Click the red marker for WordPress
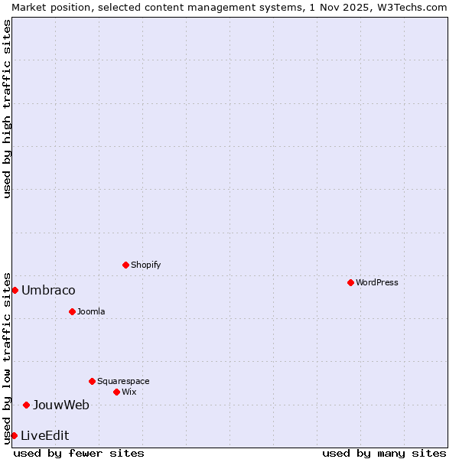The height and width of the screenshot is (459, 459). click(350, 282)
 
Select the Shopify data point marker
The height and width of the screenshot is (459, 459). click(125, 265)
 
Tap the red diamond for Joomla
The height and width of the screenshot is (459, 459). click(72, 311)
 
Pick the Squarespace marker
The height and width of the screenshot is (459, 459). click(92, 381)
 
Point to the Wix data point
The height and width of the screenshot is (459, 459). click(116, 392)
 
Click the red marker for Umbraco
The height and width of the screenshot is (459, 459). click(15, 290)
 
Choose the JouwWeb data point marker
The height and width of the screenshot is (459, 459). click(26, 405)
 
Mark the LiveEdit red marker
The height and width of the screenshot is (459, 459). click(14, 435)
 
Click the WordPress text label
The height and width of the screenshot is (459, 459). click(377, 282)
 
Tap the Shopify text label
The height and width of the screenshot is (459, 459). click(145, 265)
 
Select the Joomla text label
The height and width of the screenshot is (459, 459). click(91, 311)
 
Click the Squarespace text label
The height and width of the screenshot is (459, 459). click(123, 381)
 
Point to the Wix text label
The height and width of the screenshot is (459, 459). click(129, 392)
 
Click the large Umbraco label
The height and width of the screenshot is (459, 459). click(48, 290)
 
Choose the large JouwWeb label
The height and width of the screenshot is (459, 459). click(60, 405)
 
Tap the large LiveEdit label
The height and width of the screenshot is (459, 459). click(44, 435)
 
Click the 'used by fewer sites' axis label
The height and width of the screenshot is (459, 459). click(79, 453)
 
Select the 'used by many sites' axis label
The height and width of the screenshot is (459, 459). click(384, 453)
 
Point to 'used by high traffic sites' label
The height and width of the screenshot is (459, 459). click(7, 109)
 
